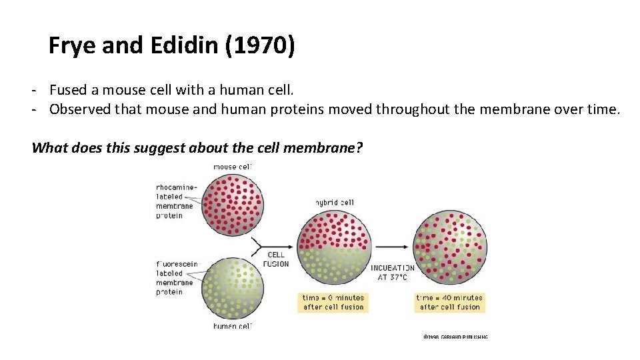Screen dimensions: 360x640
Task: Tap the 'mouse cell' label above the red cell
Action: (x=232, y=166)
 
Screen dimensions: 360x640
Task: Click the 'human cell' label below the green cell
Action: (x=232, y=326)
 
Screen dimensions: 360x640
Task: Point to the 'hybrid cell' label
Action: (x=335, y=202)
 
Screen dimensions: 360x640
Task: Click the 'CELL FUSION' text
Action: (x=276, y=259)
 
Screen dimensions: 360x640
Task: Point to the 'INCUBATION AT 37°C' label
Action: (x=392, y=272)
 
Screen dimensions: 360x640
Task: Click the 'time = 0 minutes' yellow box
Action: (x=333, y=302)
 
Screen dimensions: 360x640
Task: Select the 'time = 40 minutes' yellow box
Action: (x=449, y=302)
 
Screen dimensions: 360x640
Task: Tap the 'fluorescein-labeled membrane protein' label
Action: (x=177, y=278)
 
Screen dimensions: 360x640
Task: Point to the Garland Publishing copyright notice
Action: (x=455, y=337)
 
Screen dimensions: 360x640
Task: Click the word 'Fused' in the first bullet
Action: (x=67, y=89)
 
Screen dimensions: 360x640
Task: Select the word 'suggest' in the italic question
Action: (x=162, y=147)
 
